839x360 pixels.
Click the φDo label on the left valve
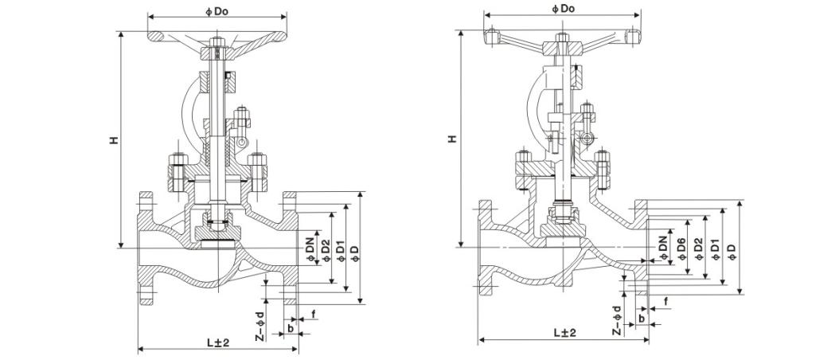(x=213, y=10)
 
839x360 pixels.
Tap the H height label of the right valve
(x=451, y=139)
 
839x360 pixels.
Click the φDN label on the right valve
(x=665, y=249)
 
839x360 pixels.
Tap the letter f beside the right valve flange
(x=665, y=303)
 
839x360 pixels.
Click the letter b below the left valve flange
(x=291, y=327)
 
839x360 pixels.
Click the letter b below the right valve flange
(x=641, y=318)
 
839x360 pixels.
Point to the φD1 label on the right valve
(x=714, y=248)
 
